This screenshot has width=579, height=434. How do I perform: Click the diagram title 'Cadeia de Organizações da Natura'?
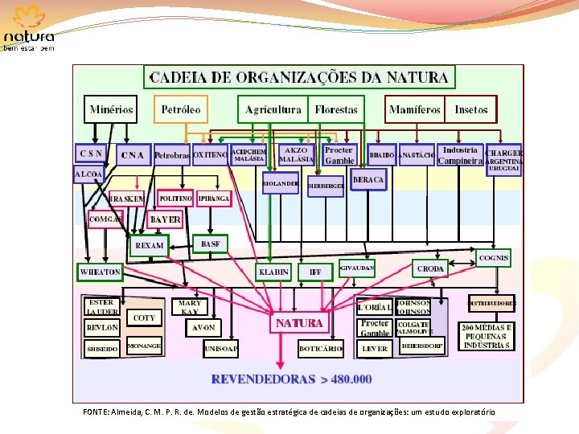pyautogui.click(x=299, y=78)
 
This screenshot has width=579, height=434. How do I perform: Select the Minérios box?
pyautogui.click(x=112, y=109)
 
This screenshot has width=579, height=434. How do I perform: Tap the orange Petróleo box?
pyautogui.click(x=181, y=109)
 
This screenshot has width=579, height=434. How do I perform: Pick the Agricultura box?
pyautogui.click(x=273, y=109)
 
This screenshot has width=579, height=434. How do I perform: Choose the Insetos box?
pyautogui.click(x=471, y=109)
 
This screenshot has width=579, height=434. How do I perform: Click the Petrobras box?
pyautogui.click(x=171, y=155)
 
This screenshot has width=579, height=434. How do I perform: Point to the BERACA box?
pyautogui.click(x=368, y=180)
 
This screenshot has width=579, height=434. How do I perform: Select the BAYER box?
pyautogui.click(x=166, y=219)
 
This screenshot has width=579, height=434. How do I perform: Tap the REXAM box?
pyautogui.click(x=150, y=245)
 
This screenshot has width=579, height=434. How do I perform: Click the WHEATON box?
pyautogui.click(x=101, y=272)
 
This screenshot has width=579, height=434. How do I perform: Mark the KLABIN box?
pyautogui.click(x=273, y=272)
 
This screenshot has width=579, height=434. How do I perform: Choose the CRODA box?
pyautogui.click(x=430, y=269)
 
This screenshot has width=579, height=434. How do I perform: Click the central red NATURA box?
pyautogui.click(x=299, y=323)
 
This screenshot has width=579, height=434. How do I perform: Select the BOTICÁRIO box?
pyautogui.click(x=321, y=349)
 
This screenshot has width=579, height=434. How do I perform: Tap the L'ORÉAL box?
pyautogui.click(x=374, y=307)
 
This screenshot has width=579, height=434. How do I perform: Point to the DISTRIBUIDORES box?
pyautogui.click(x=491, y=303)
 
